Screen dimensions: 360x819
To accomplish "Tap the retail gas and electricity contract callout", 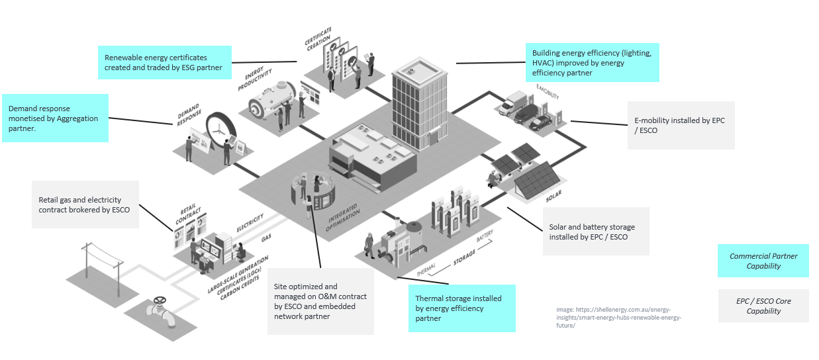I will pyautogui.click(x=85, y=204).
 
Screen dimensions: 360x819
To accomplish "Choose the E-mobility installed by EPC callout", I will pyautogui.click(x=680, y=125).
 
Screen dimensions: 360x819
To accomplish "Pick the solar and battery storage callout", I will pyautogui.click(x=595, y=231).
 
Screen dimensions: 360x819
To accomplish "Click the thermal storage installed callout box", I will pyautogui.click(x=461, y=308).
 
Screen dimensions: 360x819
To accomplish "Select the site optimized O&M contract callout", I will pyautogui.click(x=320, y=301).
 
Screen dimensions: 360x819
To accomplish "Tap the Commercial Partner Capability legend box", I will pyautogui.click(x=763, y=261).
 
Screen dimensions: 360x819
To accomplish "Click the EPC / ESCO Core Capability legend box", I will pyautogui.click(x=763, y=306).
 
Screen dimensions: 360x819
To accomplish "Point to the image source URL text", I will pyautogui.click(x=618, y=317).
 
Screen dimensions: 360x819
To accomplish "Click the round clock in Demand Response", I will pyautogui.click(x=221, y=131).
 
